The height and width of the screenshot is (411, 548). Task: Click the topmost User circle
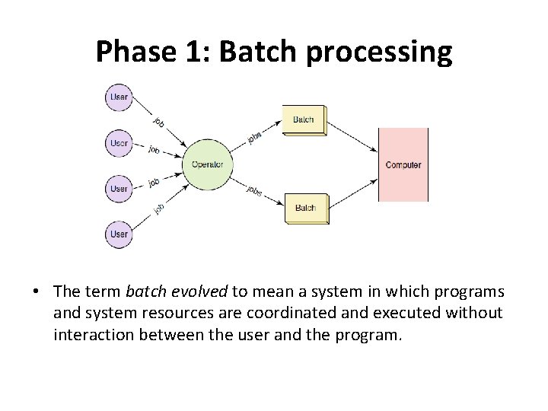(x=119, y=97)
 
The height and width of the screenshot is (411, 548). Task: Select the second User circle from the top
(x=119, y=143)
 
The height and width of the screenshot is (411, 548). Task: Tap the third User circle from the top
(x=119, y=188)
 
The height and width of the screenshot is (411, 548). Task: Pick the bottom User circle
(x=119, y=234)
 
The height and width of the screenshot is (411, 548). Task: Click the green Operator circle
(x=207, y=164)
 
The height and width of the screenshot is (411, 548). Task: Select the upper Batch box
(x=304, y=119)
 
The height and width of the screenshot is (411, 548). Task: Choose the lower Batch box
(x=306, y=208)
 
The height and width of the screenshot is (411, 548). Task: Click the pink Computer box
(x=403, y=164)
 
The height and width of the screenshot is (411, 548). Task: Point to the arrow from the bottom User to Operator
(x=158, y=209)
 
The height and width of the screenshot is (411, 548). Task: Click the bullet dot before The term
(x=36, y=292)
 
